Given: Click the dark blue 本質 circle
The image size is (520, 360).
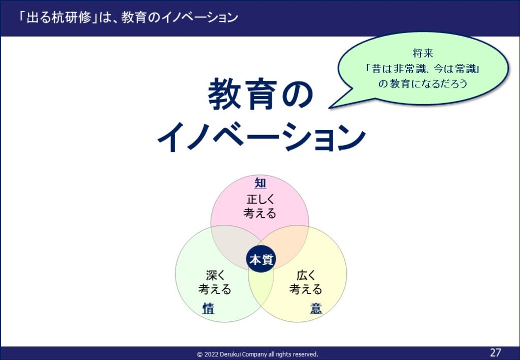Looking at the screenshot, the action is pyautogui.click(x=261, y=259).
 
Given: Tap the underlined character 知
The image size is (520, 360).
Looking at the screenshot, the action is pyautogui.click(x=261, y=183).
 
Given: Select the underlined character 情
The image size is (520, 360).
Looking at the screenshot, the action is pyautogui.click(x=208, y=309).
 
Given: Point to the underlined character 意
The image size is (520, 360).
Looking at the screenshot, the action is pyautogui.click(x=316, y=308).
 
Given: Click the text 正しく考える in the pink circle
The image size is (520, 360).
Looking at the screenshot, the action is pyautogui.click(x=260, y=206).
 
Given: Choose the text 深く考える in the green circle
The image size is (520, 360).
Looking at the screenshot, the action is pyautogui.click(x=215, y=282).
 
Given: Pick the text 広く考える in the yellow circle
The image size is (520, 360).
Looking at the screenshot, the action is pyautogui.click(x=306, y=282).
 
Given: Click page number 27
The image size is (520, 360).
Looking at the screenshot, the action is pyautogui.click(x=496, y=352).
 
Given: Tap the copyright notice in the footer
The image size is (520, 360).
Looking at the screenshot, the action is pyautogui.click(x=257, y=354).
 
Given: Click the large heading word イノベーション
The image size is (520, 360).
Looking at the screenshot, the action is pyautogui.click(x=262, y=137).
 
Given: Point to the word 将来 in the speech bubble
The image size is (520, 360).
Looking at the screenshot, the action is pyautogui.click(x=423, y=53).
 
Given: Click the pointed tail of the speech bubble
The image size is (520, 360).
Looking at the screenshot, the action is pyautogui.click(x=330, y=108).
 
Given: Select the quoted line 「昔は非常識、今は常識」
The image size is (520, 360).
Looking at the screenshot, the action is pyautogui.click(x=423, y=69).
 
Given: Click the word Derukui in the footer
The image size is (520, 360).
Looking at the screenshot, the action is pyautogui.click(x=231, y=354).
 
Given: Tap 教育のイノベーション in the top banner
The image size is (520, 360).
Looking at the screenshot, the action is pyautogui.click(x=179, y=18).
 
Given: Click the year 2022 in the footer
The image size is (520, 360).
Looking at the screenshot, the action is pyautogui.click(x=211, y=354).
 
